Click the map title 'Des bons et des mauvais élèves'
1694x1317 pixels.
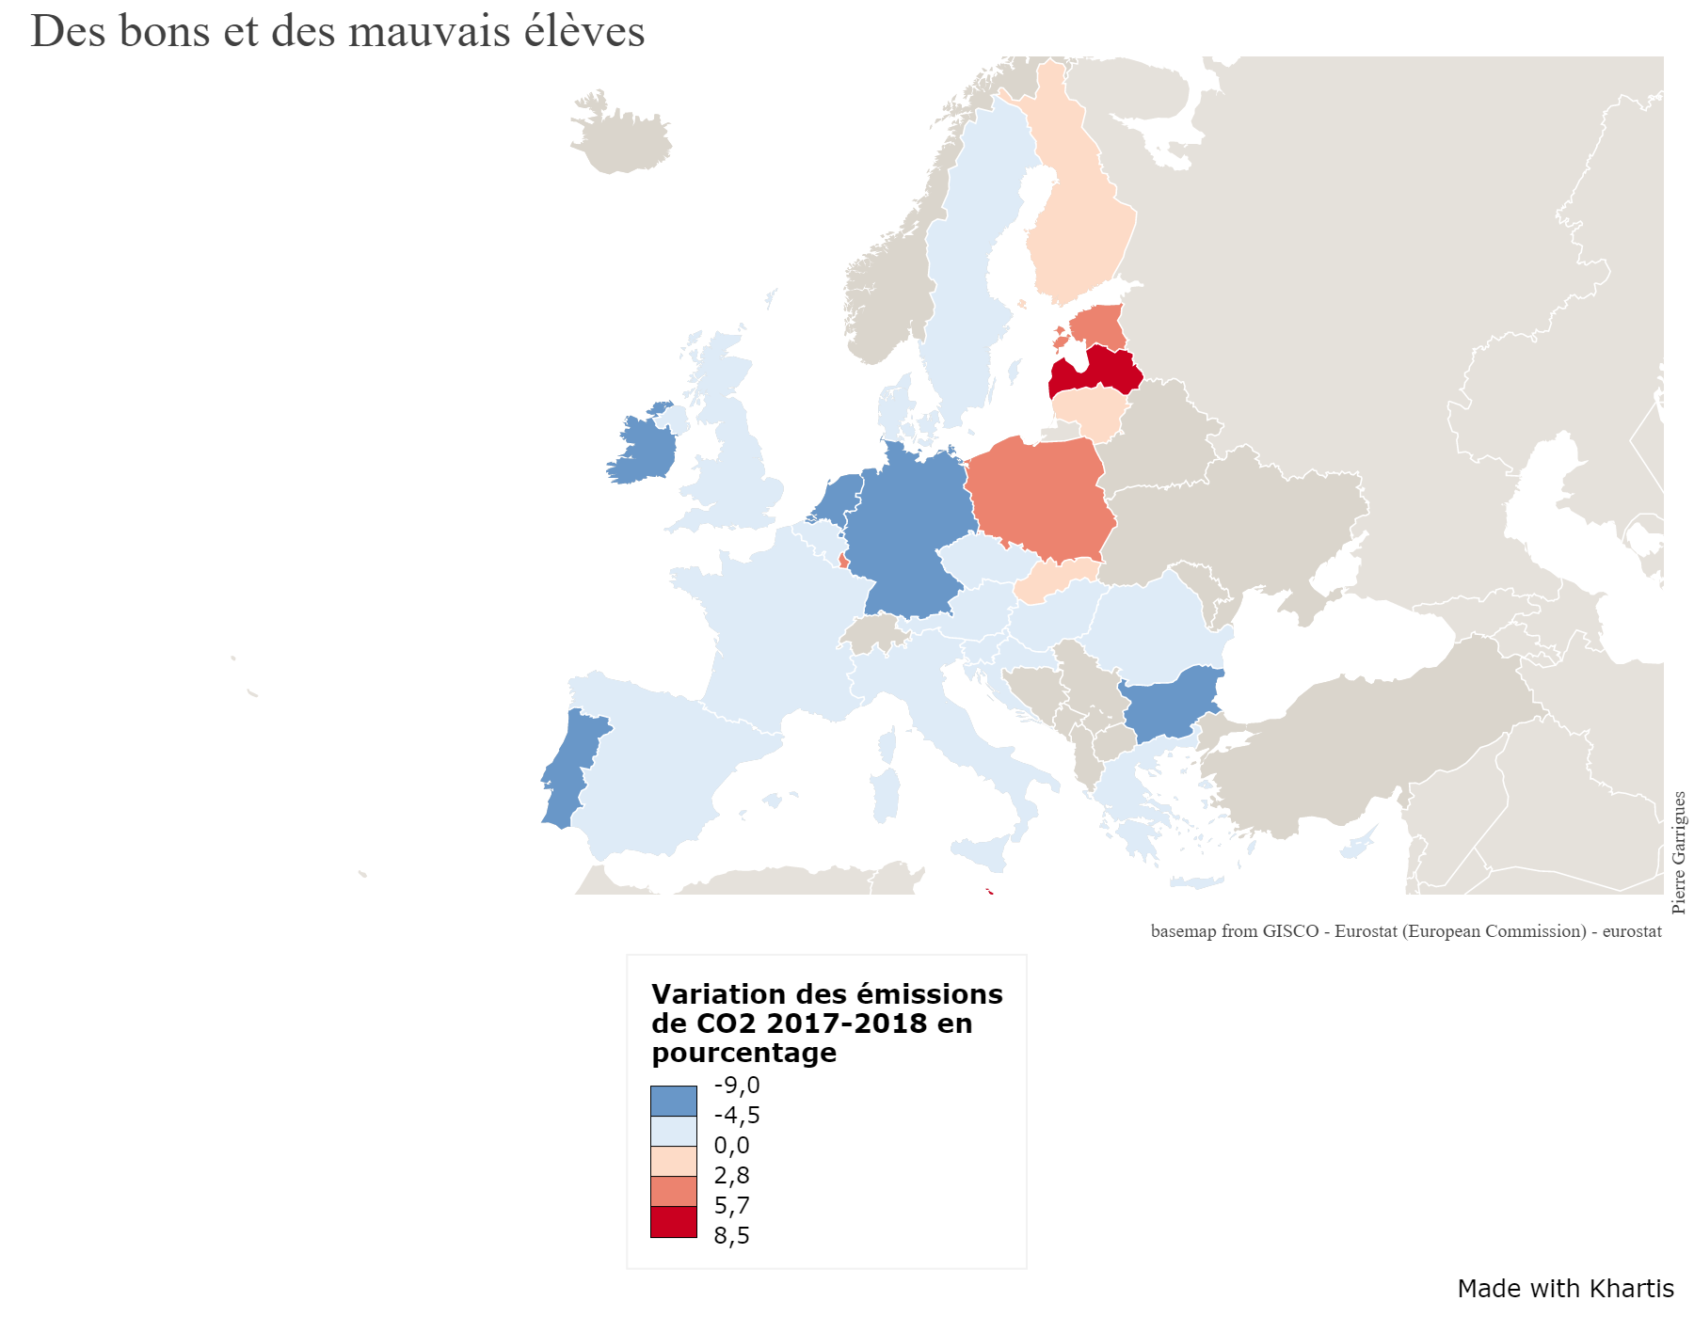(337, 31)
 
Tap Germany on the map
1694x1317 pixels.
(908, 527)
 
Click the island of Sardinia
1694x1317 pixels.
(886, 795)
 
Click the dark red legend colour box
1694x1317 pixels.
(674, 1221)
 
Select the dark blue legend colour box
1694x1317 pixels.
(674, 1101)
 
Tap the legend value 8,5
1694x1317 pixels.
(732, 1235)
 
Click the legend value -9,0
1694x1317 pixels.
(737, 1086)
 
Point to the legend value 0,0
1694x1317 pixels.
(732, 1146)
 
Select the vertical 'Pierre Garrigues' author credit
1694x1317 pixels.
(1679, 852)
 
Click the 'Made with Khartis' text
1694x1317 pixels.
(1565, 1289)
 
